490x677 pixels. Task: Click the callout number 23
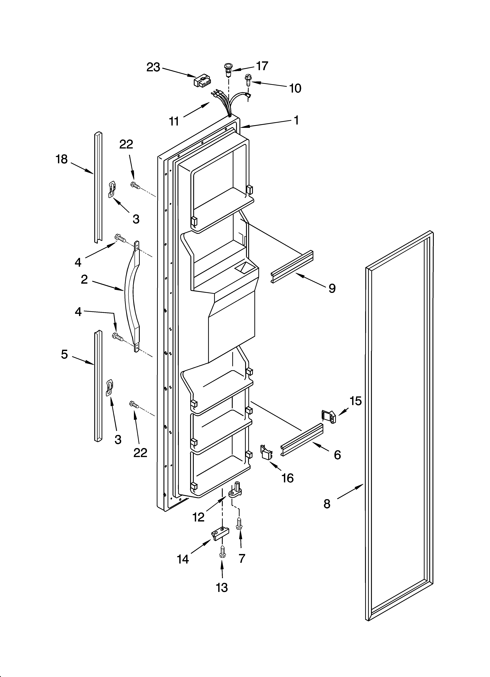point(153,68)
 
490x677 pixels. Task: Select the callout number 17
point(262,66)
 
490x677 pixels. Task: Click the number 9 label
point(332,288)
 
